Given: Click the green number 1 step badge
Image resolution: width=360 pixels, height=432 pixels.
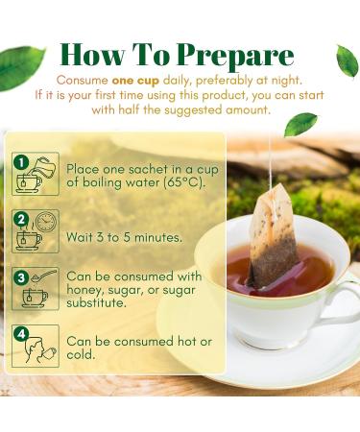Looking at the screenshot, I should (x=19, y=160).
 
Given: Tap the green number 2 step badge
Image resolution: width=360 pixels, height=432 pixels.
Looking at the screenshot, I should (x=19, y=217).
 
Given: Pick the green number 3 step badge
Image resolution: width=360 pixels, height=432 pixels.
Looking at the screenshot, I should (x=19, y=276).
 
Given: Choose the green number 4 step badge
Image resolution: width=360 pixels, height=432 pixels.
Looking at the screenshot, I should (x=19, y=333).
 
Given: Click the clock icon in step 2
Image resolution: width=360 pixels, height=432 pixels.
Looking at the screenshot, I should (x=44, y=223).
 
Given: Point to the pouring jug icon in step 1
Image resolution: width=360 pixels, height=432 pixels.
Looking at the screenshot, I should (x=42, y=165).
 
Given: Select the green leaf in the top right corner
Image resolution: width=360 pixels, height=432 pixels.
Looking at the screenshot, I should (x=346, y=60).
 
